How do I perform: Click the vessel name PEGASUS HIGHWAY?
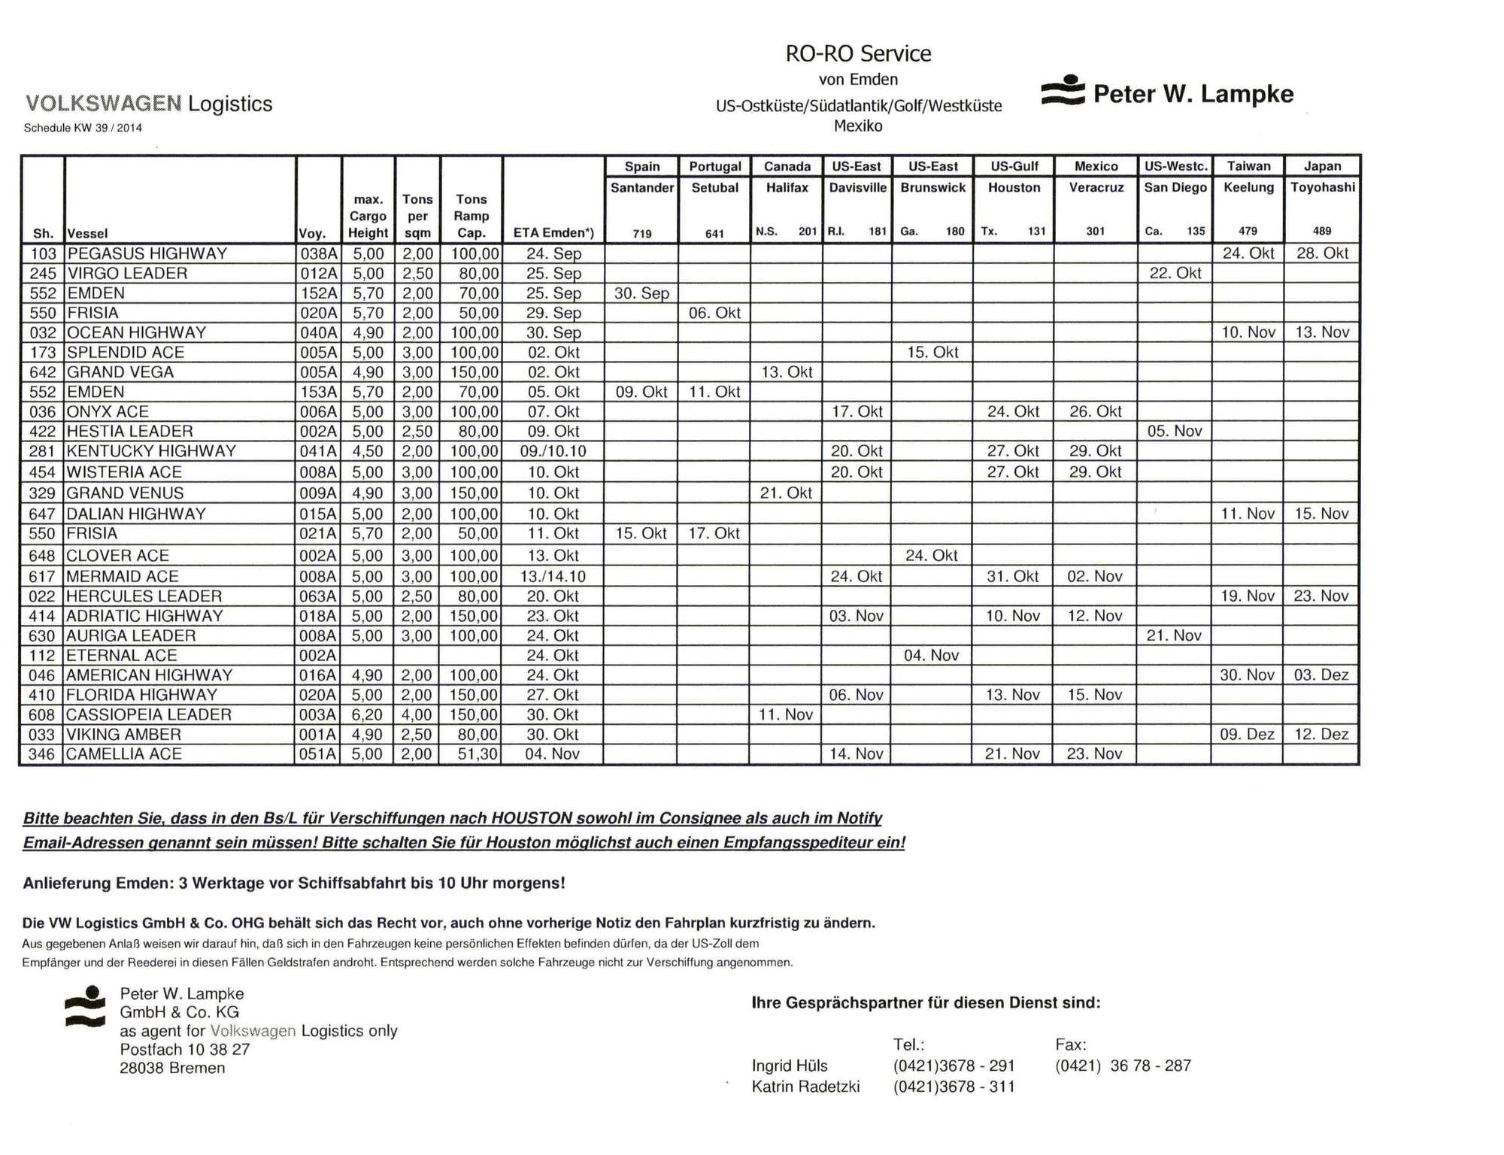pyautogui.click(x=147, y=253)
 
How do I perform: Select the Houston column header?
pyautogui.click(x=1014, y=187)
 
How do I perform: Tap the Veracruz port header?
pyautogui.click(x=1096, y=187)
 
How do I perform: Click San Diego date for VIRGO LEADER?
pyautogui.click(x=1175, y=273)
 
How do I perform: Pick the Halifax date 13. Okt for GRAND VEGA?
pyautogui.click(x=787, y=372)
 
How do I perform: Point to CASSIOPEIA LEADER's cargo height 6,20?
pyautogui.click(x=368, y=714)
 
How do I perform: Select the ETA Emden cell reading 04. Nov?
pyautogui.click(x=552, y=753)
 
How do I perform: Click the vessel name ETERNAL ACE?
pyautogui.click(x=122, y=655)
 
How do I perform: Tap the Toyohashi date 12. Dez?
pyautogui.click(x=1321, y=734)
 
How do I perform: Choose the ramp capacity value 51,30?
pyautogui.click(x=473, y=753)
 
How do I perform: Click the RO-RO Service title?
pyautogui.click(x=858, y=53)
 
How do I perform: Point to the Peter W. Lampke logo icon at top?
pyautogui.click(x=1063, y=91)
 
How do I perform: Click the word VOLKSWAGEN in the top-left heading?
pyautogui.click(x=103, y=103)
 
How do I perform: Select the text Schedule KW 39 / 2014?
pyautogui.click(x=83, y=128)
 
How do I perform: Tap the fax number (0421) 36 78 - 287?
pyautogui.click(x=1123, y=1066)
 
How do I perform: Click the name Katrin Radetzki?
pyautogui.click(x=805, y=1087)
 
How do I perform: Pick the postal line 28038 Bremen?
pyautogui.click(x=172, y=1068)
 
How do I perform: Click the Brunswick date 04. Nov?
pyautogui.click(x=931, y=655)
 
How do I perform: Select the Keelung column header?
pyautogui.click(x=1248, y=187)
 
